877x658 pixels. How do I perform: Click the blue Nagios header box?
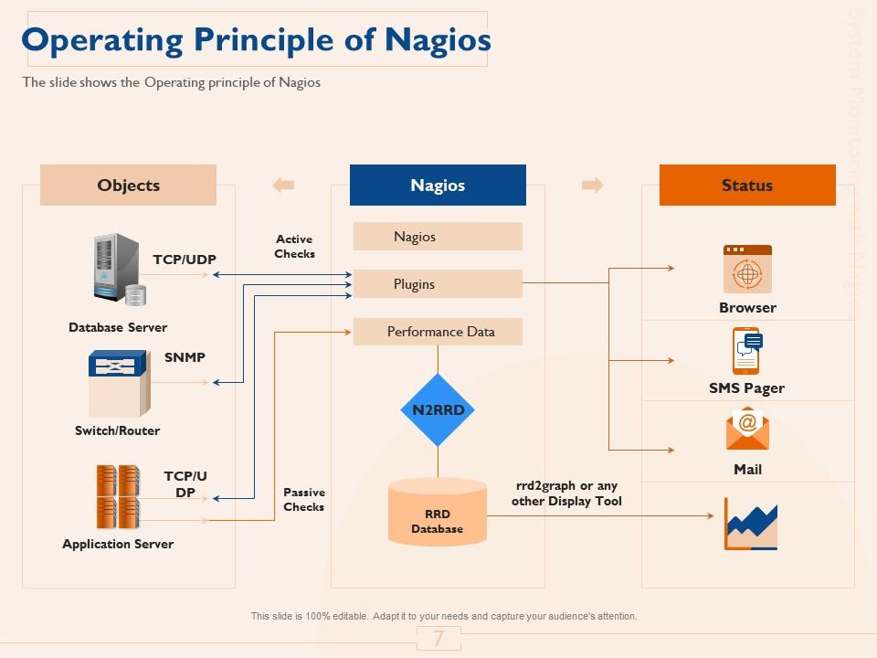coord(438,185)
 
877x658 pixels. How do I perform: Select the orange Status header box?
coord(747,185)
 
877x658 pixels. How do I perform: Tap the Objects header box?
coord(128,185)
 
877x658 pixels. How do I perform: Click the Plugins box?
coord(438,284)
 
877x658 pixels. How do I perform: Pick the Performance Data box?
coord(438,332)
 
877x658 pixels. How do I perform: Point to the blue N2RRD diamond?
coord(438,409)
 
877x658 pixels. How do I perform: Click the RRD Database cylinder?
coord(438,512)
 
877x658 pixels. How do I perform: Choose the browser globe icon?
coord(747,269)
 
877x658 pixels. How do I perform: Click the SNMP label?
coord(185,357)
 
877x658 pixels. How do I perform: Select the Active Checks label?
coord(294,247)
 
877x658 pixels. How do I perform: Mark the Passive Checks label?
coord(303,500)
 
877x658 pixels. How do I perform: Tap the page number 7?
coord(438,639)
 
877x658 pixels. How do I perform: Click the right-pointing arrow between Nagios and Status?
coord(593,186)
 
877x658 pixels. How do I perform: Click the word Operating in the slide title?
coord(102,40)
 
